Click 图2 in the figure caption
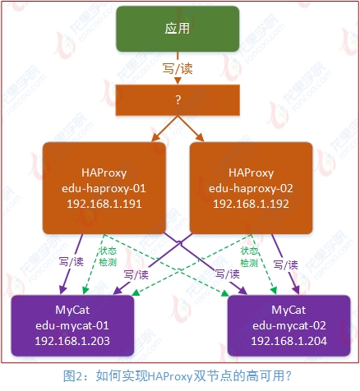pyautogui.click(x=75, y=375)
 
